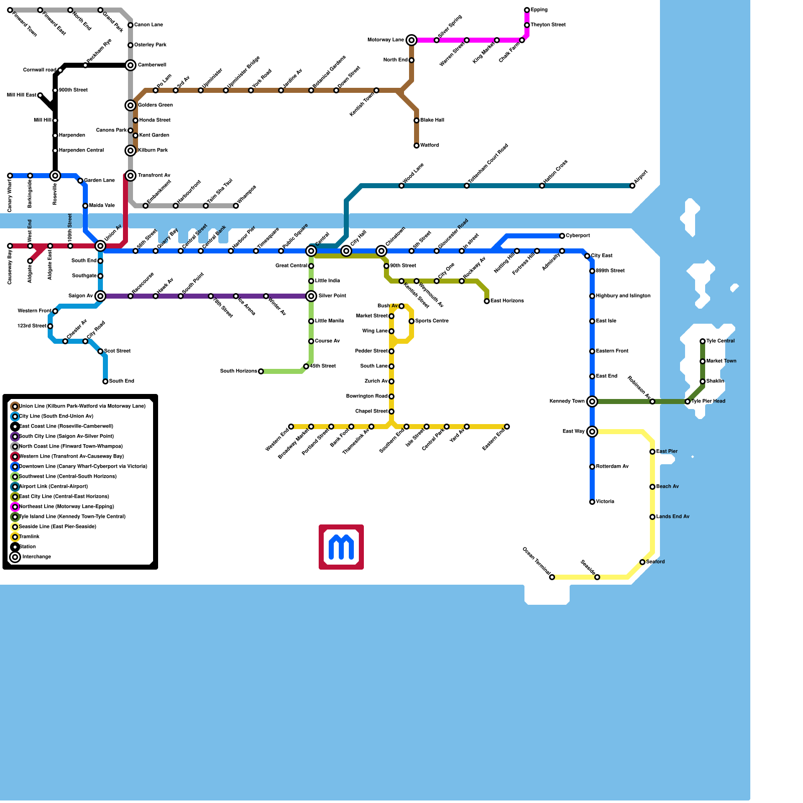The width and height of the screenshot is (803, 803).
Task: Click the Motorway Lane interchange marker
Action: [412, 40]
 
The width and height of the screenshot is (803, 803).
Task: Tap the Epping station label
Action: [539, 10]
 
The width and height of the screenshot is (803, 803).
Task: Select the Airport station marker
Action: [632, 186]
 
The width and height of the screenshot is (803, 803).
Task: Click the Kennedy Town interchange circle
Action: [592, 401]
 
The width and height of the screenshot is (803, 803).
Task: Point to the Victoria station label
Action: [605, 502]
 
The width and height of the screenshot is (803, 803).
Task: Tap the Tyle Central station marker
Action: [703, 341]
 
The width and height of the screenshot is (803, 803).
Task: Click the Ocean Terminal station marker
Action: [552, 577]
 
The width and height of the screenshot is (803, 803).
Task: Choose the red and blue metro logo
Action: [341, 547]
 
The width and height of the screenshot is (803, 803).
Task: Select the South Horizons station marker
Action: [261, 371]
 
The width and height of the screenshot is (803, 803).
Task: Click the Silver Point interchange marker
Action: [311, 296]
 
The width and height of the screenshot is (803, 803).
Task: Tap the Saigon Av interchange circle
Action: [100, 296]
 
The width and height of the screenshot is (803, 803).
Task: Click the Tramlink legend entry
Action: [29, 537]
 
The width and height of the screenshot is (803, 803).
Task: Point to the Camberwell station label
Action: [152, 65]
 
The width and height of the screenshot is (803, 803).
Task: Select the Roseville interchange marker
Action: [55, 176]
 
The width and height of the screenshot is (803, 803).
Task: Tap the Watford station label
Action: [430, 146]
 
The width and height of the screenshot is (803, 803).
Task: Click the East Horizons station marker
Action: [487, 301]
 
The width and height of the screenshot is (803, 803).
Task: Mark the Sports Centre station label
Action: [432, 321]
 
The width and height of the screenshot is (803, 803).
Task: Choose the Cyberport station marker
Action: [562, 236]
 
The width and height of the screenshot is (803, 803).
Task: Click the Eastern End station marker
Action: [507, 427]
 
